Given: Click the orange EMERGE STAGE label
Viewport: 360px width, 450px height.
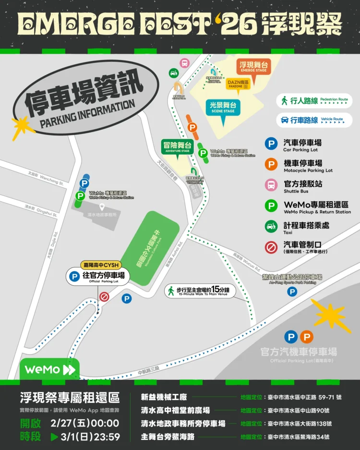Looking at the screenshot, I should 253,67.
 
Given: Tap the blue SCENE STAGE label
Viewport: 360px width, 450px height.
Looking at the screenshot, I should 223,107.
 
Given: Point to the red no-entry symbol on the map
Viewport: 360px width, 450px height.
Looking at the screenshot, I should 104,297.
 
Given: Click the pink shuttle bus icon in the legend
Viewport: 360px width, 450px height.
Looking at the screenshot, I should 272,184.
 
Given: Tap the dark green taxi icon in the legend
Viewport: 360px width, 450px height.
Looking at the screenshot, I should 272,226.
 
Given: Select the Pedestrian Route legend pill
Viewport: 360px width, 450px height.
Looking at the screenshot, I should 314,101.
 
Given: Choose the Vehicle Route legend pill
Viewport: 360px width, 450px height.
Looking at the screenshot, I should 314,120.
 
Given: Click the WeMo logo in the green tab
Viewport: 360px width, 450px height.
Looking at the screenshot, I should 49,369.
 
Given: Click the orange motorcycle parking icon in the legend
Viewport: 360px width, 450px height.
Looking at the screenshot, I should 272,164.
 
